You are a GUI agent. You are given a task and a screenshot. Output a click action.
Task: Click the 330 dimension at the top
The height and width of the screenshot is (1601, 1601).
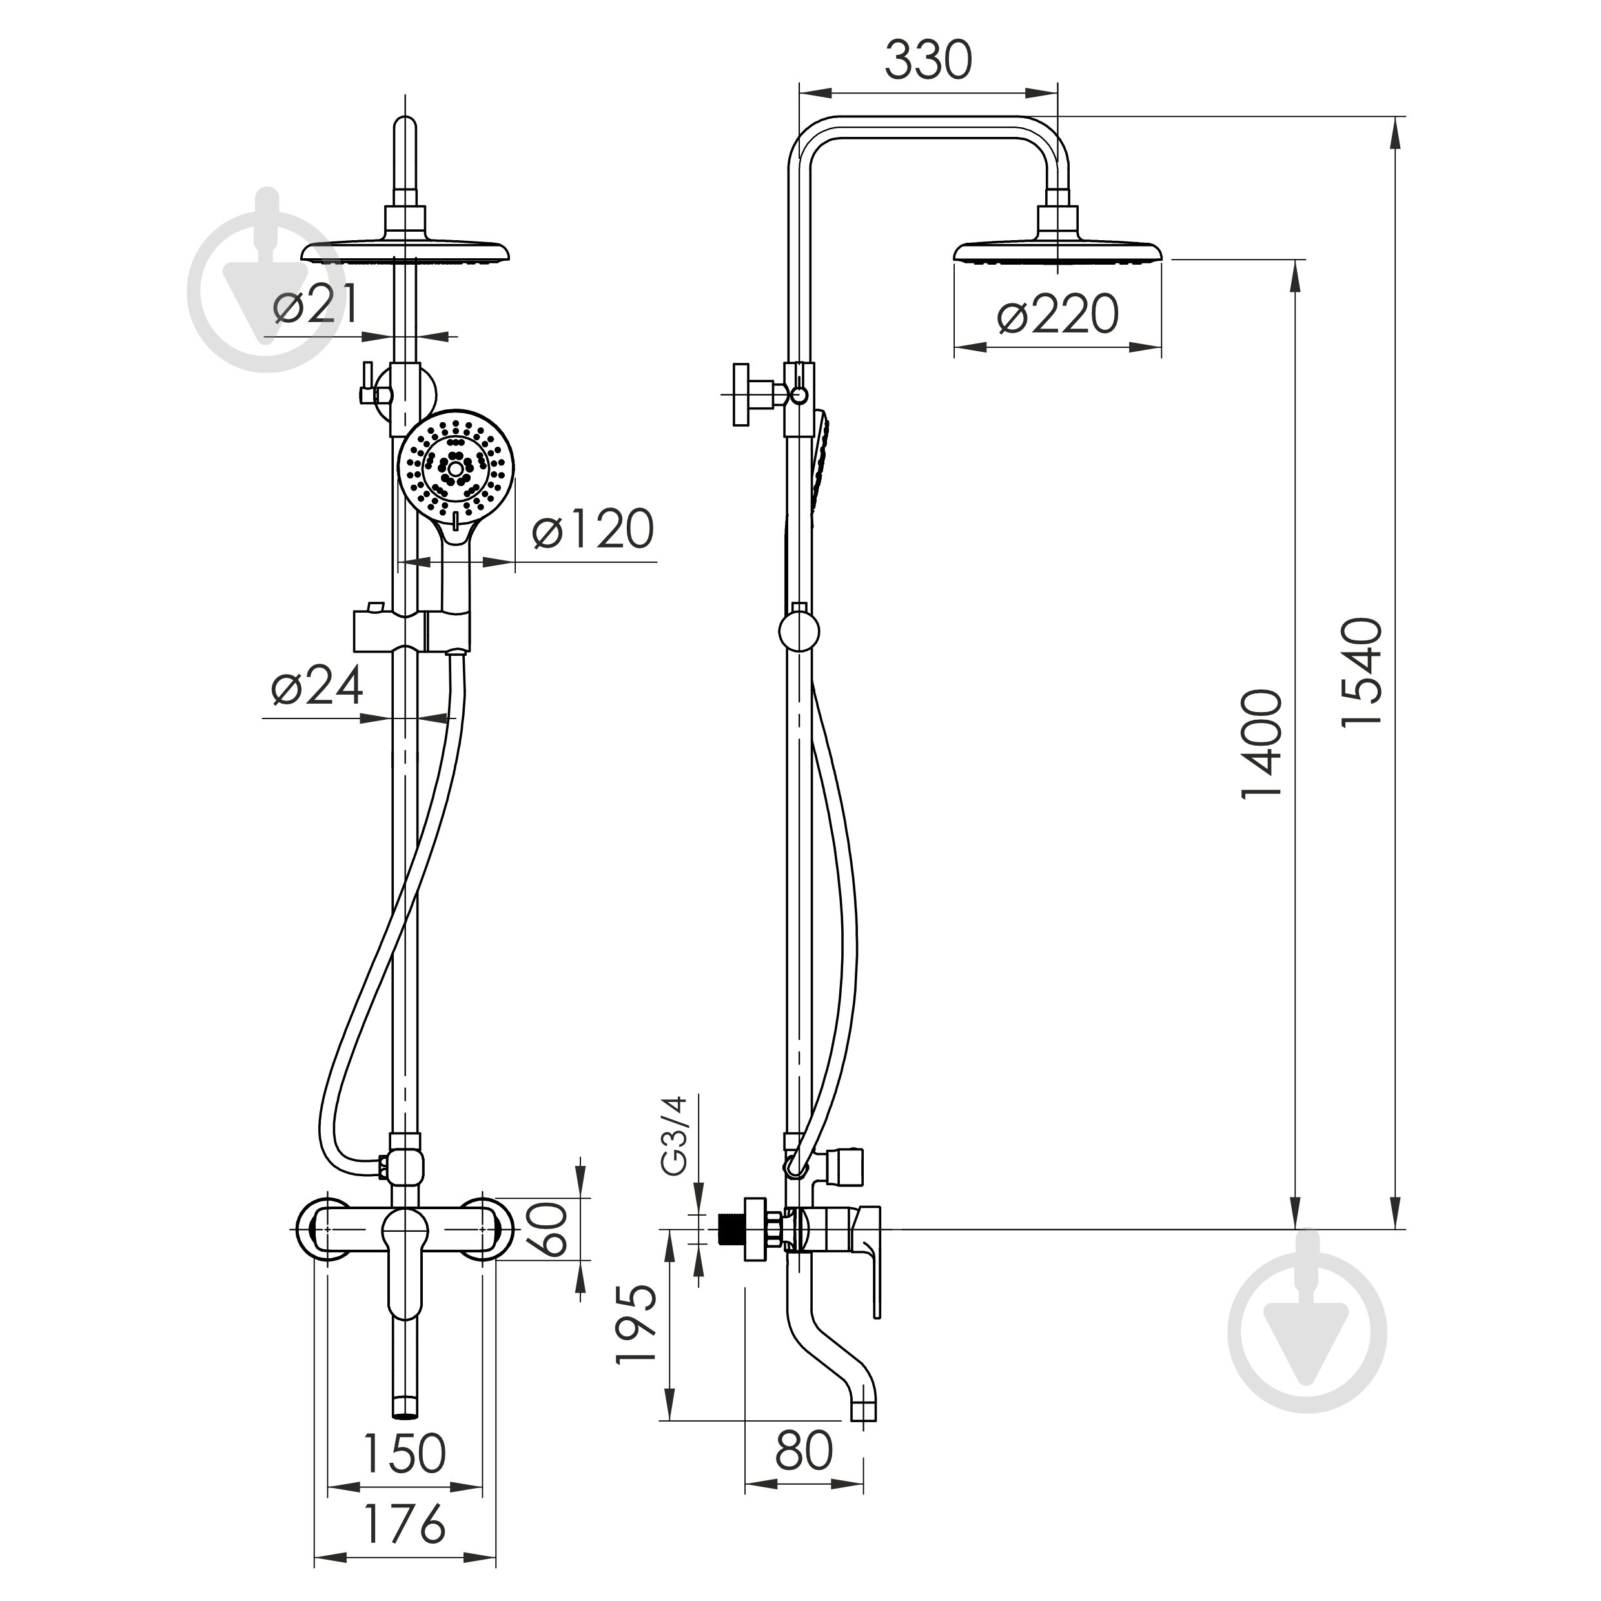(928, 61)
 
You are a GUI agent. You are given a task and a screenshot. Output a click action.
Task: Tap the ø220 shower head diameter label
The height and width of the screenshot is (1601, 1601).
(1058, 315)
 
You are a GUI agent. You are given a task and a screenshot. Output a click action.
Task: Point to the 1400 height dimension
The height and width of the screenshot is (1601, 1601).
(1262, 743)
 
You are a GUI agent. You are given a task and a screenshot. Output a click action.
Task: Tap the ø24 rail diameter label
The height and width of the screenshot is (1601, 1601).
(318, 686)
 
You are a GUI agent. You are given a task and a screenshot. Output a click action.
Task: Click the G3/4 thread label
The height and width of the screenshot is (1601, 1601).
(675, 1136)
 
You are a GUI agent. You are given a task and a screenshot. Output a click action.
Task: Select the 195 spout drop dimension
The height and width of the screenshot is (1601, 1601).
(636, 1323)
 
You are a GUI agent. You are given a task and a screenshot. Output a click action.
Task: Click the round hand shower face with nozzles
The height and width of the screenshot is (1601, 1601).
(456, 469)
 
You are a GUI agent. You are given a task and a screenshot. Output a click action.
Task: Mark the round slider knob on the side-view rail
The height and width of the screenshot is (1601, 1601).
(799, 631)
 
